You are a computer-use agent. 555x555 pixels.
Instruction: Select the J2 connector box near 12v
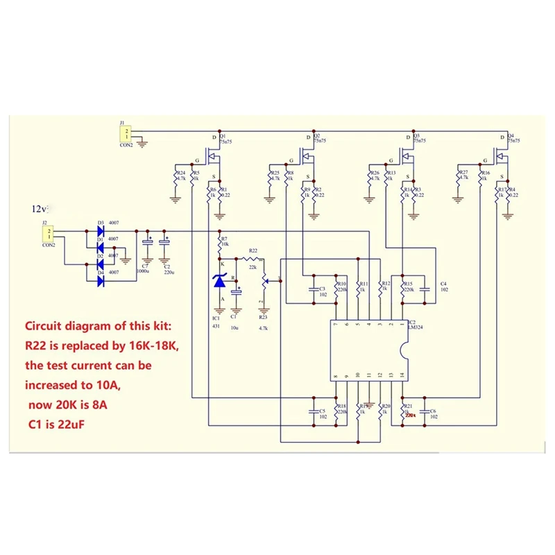point(47,234)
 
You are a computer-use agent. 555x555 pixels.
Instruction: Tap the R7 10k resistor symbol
point(221,244)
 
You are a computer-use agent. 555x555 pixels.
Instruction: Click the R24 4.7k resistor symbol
point(178,184)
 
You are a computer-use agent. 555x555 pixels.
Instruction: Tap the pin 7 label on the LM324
point(335,324)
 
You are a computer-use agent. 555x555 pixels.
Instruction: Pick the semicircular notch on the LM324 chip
point(405,350)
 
